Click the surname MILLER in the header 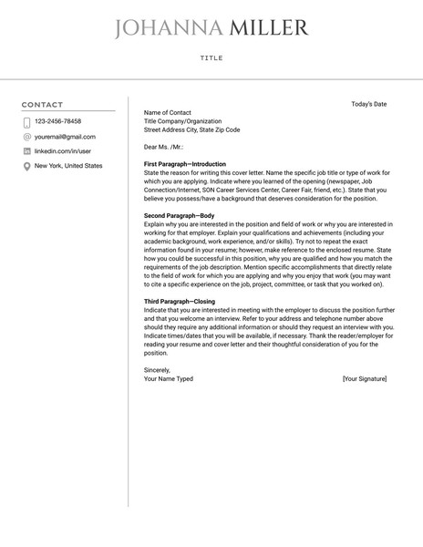point(269,29)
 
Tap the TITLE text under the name point(211,58)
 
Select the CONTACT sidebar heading point(43,105)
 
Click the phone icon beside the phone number point(26,121)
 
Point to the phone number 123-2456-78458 point(57,121)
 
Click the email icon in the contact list point(26,136)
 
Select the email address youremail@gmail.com point(65,136)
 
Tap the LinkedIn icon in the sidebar point(26,150)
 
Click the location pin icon point(26,166)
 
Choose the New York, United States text point(68,166)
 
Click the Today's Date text point(368,104)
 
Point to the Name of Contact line point(168,113)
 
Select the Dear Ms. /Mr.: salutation point(164,146)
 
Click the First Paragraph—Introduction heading point(184,164)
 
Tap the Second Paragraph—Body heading point(180,215)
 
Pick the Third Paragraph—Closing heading point(180,301)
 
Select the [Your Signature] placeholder point(365,378)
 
